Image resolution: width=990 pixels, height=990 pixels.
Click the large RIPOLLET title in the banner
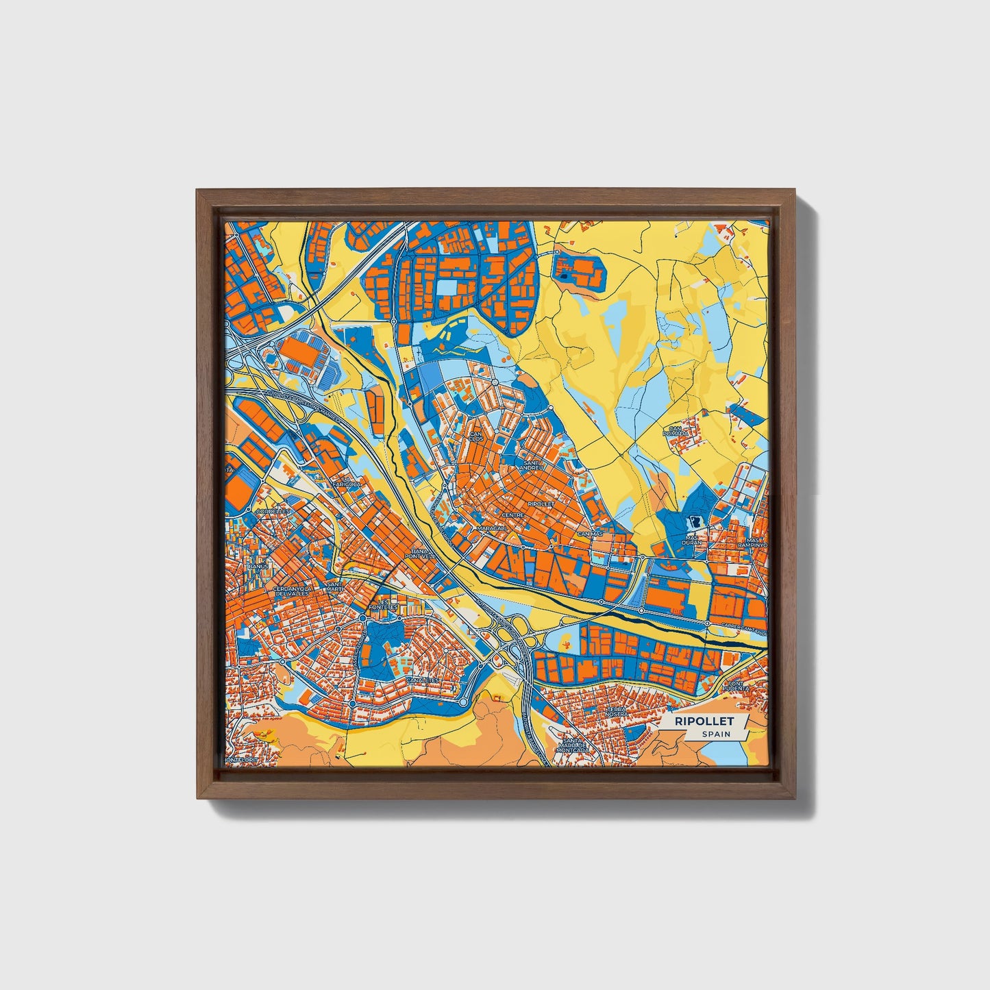[x=704, y=721]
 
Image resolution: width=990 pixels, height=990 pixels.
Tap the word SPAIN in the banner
[x=715, y=734]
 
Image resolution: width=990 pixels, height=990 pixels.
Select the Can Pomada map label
[x=676, y=433]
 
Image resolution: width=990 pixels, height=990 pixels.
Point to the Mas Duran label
[x=692, y=539]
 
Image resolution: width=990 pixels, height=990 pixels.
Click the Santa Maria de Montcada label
[x=573, y=745]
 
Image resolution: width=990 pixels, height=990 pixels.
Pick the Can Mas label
[x=589, y=533]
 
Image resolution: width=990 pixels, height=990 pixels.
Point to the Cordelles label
[x=272, y=511]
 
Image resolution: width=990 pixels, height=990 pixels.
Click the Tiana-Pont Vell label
[x=419, y=553]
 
